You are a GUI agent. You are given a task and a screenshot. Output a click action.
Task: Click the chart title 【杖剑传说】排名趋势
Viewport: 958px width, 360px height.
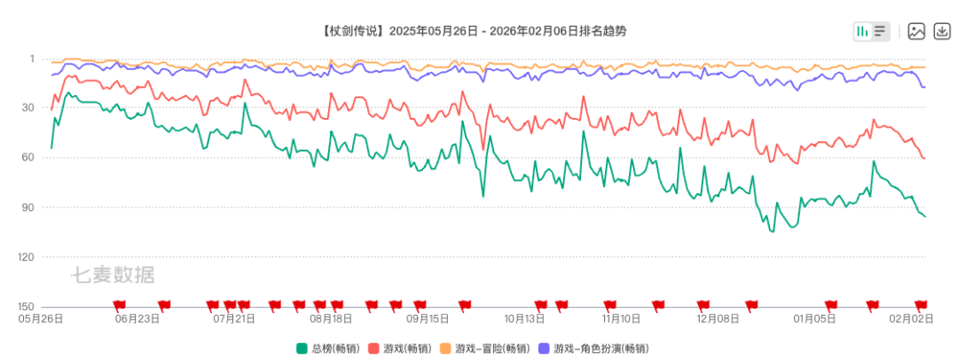[x=479, y=31]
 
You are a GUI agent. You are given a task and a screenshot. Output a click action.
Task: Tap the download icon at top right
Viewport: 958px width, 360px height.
[x=941, y=31]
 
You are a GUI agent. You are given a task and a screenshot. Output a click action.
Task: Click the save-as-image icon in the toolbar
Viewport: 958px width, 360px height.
[x=916, y=31]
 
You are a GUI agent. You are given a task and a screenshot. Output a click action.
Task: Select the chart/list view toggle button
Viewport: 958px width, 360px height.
[x=871, y=31]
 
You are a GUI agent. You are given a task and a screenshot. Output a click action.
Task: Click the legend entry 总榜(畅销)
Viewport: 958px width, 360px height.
[x=327, y=348]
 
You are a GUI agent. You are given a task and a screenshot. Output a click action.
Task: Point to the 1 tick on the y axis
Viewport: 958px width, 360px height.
[x=32, y=59]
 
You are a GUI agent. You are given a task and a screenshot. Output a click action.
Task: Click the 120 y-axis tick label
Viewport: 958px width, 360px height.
[x=27, y=257]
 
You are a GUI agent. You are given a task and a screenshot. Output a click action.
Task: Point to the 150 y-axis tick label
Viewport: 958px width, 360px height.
[x=27, y=307]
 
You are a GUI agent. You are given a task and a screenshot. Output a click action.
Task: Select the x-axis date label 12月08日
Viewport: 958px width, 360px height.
[x=718, y=318]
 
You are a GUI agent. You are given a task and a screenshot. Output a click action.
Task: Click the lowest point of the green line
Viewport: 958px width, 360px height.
[x=773, y=231]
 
